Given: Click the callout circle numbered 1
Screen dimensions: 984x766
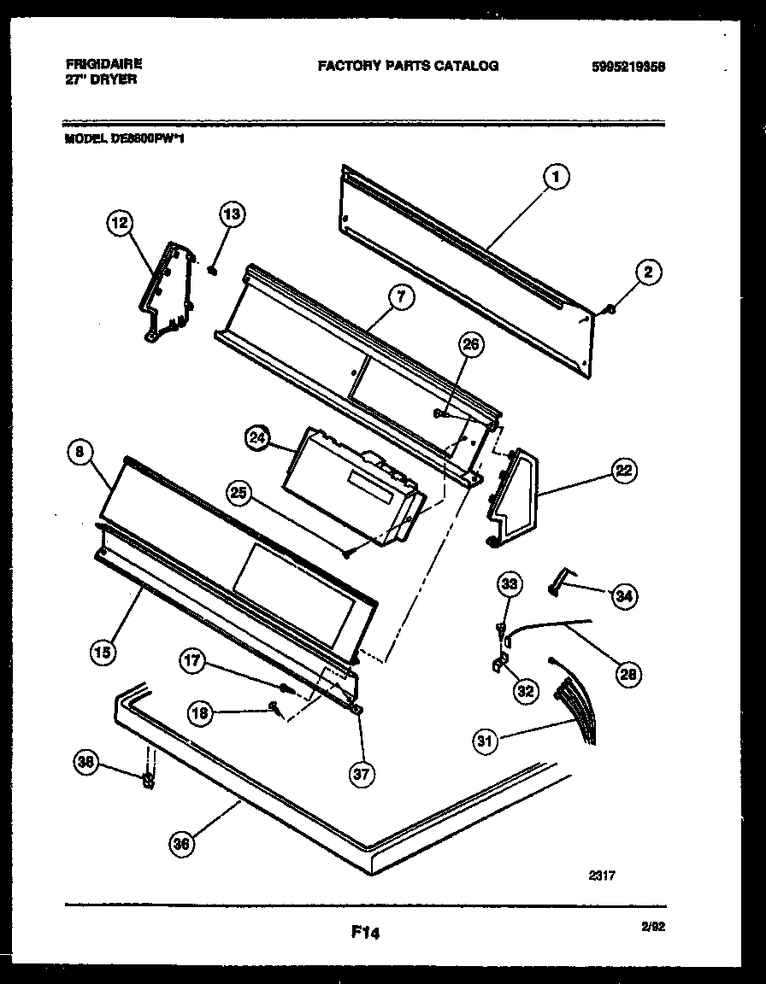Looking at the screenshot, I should pos(557,177).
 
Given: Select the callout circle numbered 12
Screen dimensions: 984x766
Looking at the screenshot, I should pos(120,223).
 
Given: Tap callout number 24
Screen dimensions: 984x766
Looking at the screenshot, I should pos(256,439).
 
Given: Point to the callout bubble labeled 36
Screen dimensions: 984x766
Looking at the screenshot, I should pos(181,844).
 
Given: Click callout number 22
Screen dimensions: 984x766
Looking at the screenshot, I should pos(624,469).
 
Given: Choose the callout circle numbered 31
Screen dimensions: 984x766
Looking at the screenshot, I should pos(486,741).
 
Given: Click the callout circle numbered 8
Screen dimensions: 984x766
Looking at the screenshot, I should pos(80,455).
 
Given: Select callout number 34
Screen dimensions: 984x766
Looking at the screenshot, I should pos(624,595).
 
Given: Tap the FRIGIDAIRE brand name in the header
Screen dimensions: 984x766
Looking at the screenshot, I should pos(103,64).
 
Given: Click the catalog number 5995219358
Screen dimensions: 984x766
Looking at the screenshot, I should pos(628,66).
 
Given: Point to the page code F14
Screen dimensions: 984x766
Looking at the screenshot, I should pos(365,934).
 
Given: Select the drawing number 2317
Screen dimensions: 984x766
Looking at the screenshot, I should pos(602,875).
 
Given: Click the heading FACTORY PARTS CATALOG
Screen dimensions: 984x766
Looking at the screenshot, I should pos(408,66).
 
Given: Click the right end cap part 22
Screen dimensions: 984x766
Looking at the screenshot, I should pos(513,499).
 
